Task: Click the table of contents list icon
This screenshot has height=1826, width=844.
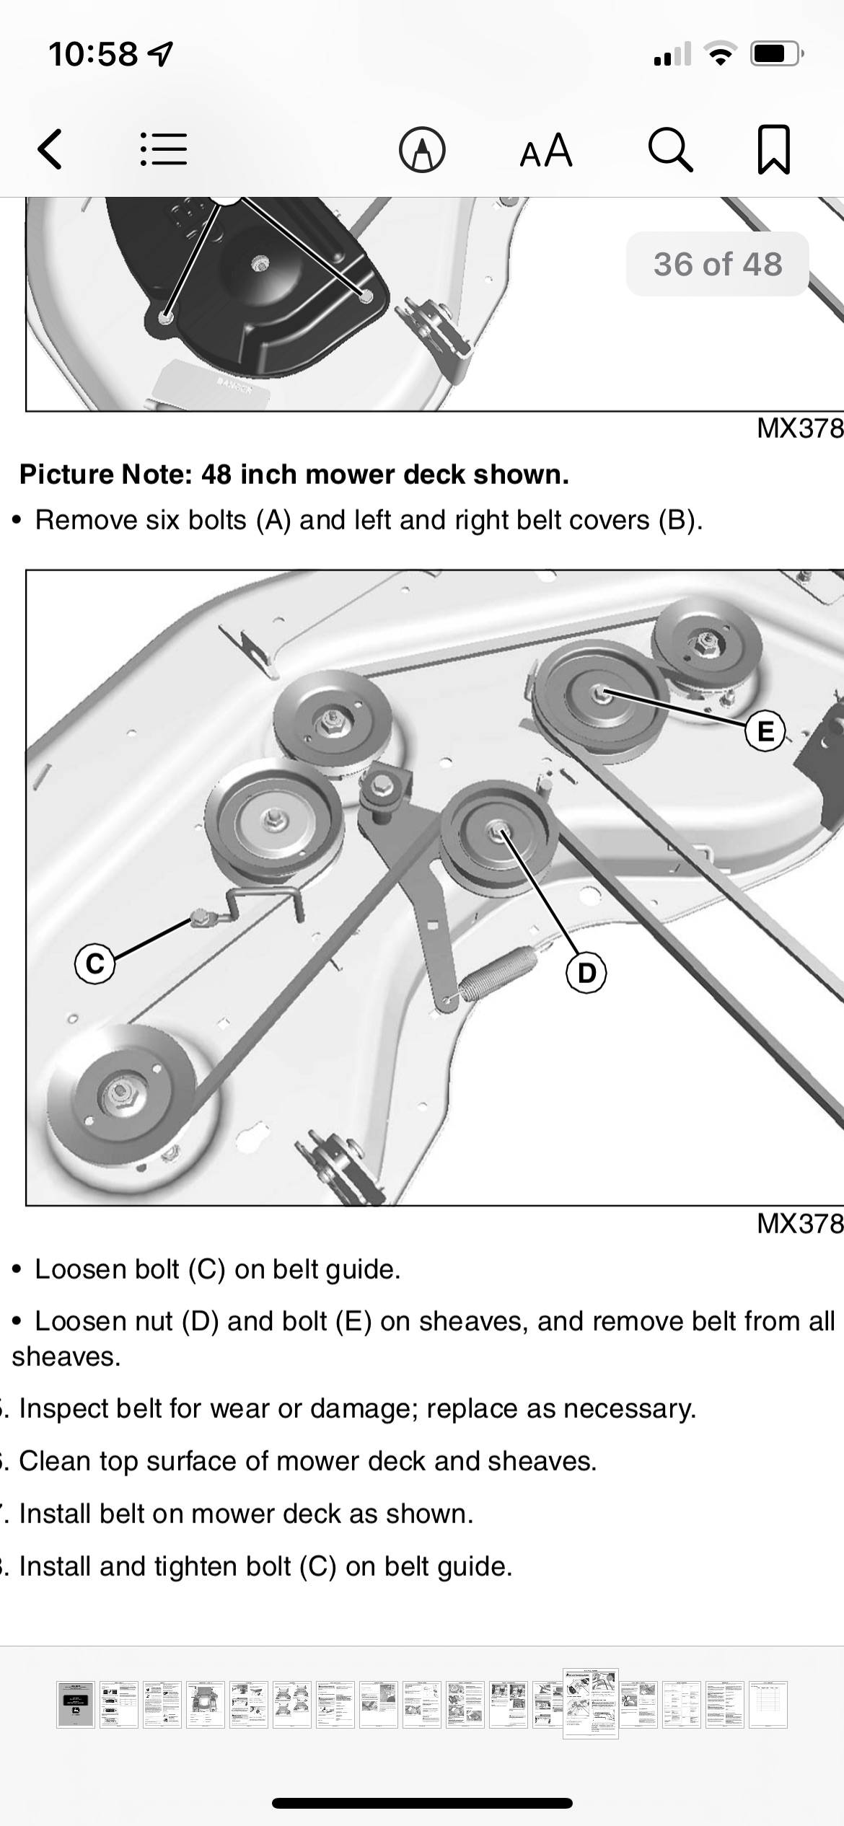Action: click(x=163, y=150)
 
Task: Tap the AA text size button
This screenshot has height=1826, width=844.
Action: click(x=546, y=150)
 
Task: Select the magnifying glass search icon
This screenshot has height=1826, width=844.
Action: click(x=671, y=150)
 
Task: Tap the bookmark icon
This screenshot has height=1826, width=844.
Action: click(x=774, y=150)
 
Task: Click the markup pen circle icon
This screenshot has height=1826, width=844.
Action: click(x=422, y=150)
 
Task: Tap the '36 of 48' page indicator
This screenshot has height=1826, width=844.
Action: click(x=718, y=264)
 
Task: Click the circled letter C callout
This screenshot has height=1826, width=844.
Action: click(x=95, y=963)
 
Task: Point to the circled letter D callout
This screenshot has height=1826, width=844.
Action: click(x=587, y=973)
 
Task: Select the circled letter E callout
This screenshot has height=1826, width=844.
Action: click(x=765, y=731)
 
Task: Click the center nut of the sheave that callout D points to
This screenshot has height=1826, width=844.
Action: click(x=497, y=833)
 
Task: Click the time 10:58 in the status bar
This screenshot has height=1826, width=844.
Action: click(x=93, y=54)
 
